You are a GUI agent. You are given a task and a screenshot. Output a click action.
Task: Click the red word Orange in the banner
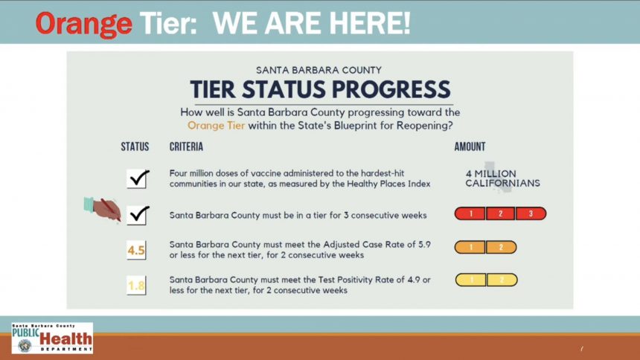click(x=83, y=24)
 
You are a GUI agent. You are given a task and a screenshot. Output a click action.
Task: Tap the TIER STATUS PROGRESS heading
click(x=321, y=89)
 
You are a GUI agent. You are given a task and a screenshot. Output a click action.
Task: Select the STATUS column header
click(x=135, y=147)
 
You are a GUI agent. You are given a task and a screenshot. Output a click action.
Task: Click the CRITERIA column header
click(x=186, y=147)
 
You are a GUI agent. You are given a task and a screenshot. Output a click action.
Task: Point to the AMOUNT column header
click(x=470, y=147)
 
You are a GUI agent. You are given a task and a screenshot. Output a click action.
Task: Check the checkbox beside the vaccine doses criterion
click(x=137, y=179)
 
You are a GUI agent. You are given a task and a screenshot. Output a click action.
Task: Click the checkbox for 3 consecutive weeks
click(x=137, y=215)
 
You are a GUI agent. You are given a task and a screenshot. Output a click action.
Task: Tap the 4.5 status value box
click(x=136, y=250)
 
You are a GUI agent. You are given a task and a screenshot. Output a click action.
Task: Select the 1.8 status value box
click(x=136, y=286)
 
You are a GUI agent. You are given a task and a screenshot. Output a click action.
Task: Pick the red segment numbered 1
click(x=470, y=213)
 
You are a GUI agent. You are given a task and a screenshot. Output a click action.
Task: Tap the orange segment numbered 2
click(x=502, y=247)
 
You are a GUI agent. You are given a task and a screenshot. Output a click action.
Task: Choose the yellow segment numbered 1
click(x=470, y=280)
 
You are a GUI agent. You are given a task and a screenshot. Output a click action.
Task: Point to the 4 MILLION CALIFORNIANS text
click(x=502, y=179)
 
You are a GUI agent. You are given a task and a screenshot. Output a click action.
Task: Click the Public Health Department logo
click(x=52, y=338)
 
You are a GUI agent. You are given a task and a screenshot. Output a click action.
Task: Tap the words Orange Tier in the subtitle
click(x=216, y=125)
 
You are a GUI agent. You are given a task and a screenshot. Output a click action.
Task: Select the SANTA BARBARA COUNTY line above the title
click(x=319, y=70)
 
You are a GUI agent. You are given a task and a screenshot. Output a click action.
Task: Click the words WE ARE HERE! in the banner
click(x=311, y=23)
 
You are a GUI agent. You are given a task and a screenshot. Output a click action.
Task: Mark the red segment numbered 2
click(x=501, y=213)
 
